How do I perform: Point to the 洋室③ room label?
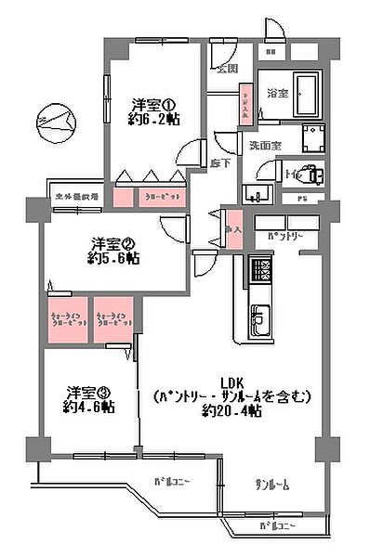point(89,392)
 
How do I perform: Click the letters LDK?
point(231,382)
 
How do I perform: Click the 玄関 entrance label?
point(227,68)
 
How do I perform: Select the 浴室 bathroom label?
point(276,94)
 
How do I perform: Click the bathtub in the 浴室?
point(302,90)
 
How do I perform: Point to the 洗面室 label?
point(265,145)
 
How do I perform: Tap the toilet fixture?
point(310,174)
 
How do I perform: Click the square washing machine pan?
point(313,133)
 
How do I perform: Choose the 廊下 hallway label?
point(221,163)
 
